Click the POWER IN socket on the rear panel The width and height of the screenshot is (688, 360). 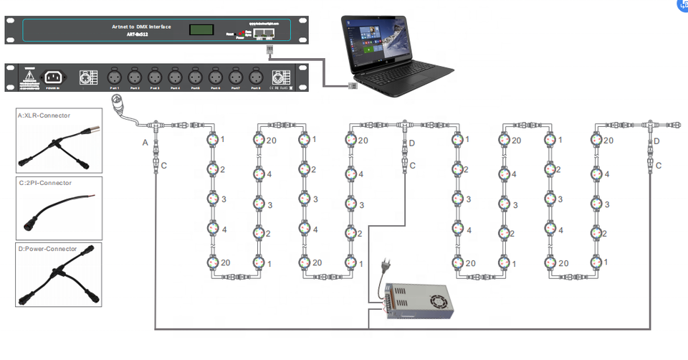[x=53, y=77]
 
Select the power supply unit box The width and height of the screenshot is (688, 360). [x=419, y=300]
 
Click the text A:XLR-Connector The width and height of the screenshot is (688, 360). [x=44, y=115]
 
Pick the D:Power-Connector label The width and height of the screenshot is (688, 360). [x=47, y=249]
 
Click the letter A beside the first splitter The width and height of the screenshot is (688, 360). [x=145, y=143]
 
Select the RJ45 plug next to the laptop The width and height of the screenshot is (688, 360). [x=353, y=86]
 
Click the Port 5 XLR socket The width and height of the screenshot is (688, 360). [x=194, y=76]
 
